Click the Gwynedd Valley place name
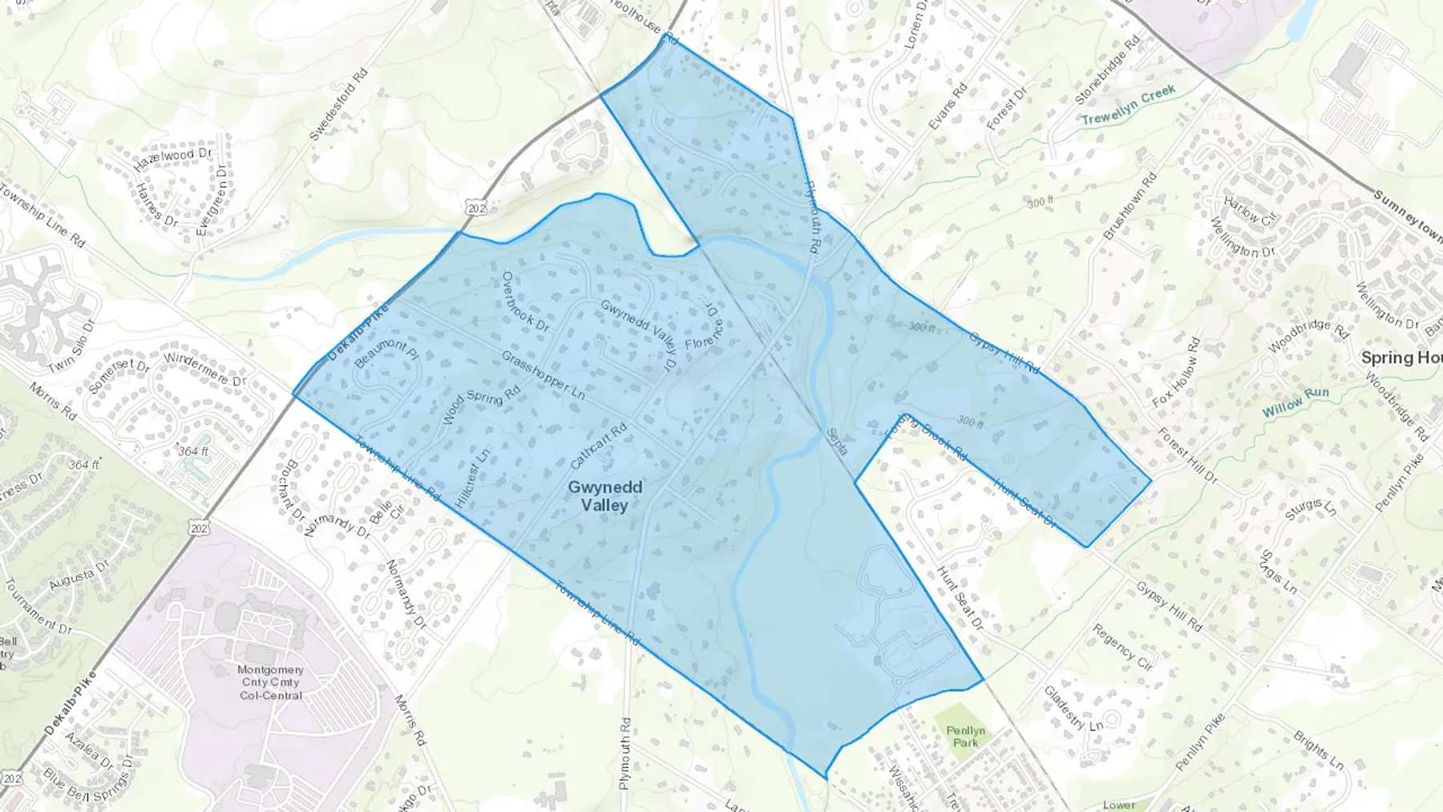(604, 496)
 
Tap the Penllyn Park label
(965, 736)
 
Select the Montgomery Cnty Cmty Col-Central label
(270, 682)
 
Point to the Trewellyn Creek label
(1128, 106)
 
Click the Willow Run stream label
(1295, 402)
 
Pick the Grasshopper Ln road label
(543, 375)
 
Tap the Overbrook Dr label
(524, 301)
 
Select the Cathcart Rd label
(598, 446)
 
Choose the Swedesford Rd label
(338, 104)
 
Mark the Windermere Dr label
(204, 368)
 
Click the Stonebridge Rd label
(1107, 70)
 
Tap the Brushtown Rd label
(1130, 205)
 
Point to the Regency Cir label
(1122, 647)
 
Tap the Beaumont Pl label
(386, 353)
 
